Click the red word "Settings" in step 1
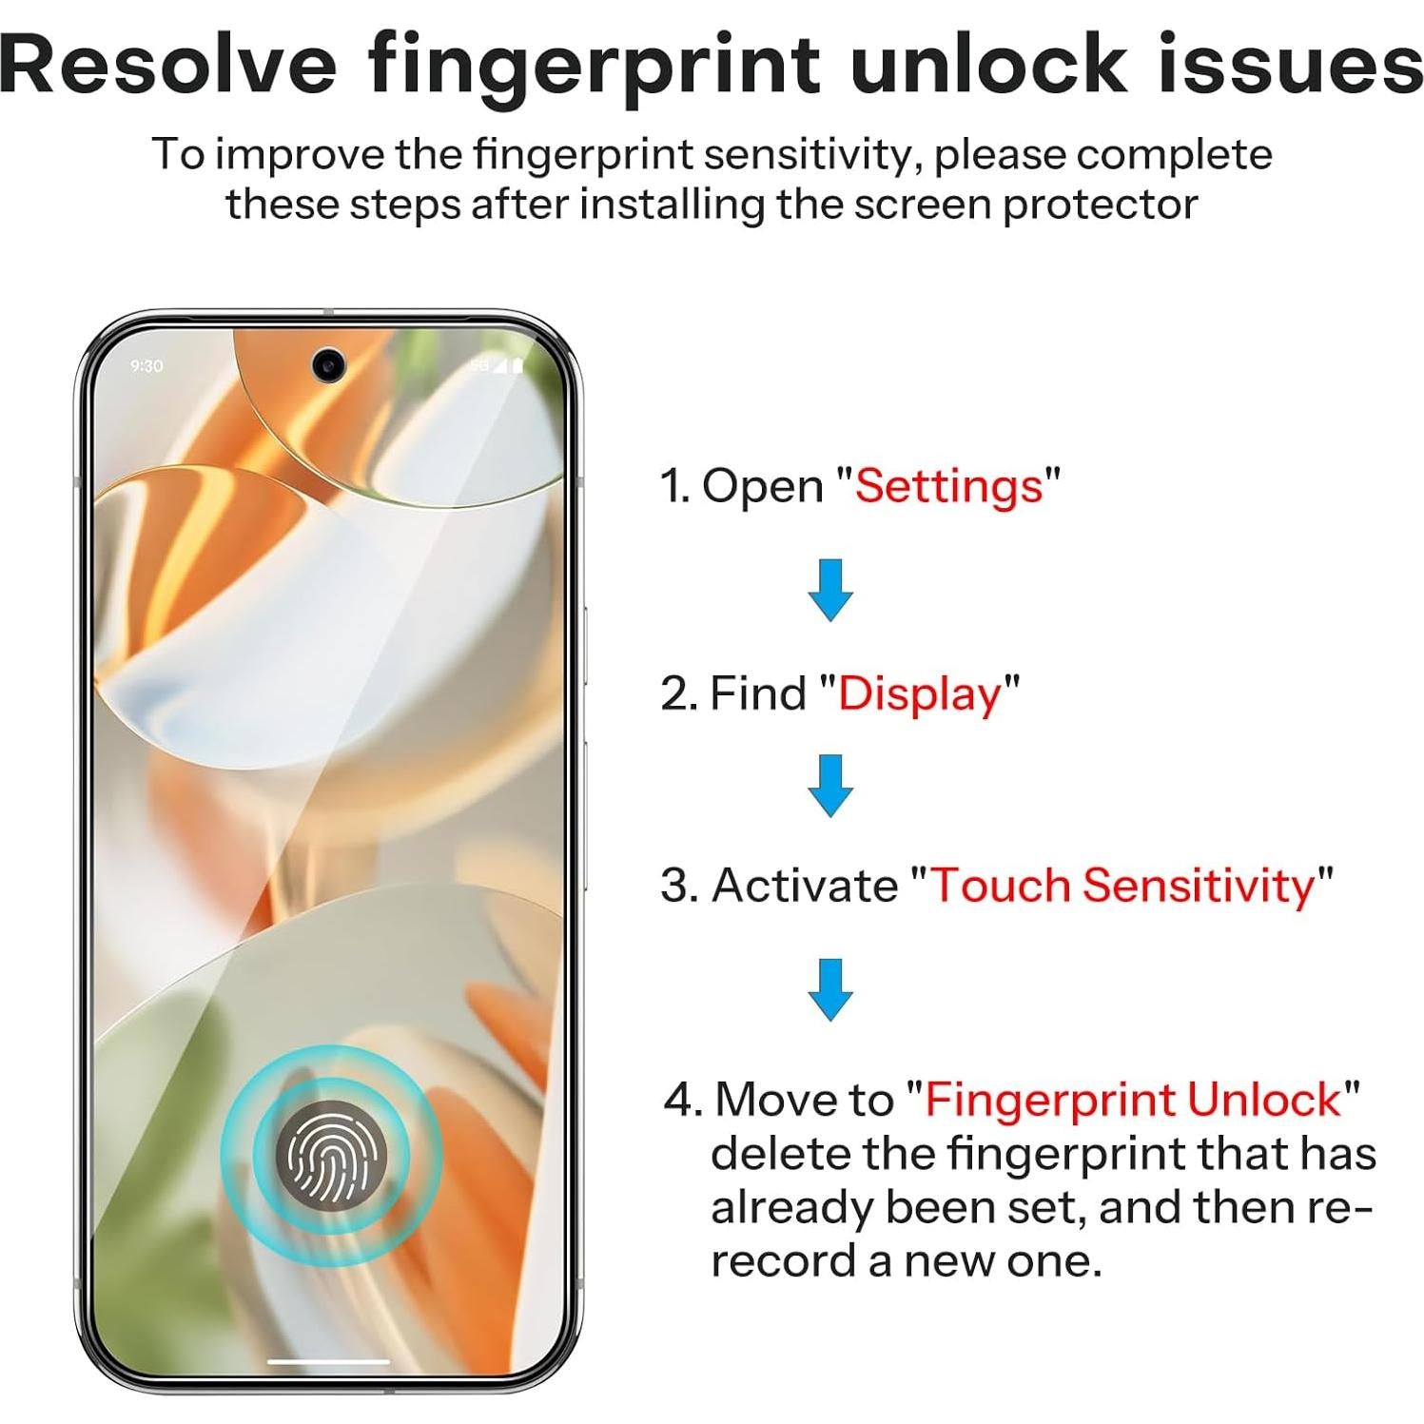(x=948, y=486)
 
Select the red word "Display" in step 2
(x=919, y=693)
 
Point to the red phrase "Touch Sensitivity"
(x=1122, y=885)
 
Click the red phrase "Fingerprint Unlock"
(x=1133, y=1099)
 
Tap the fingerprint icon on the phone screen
(x=331, y=1152)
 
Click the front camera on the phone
(x=329, y=363)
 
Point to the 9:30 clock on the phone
(x=146, y=366)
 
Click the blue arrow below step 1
(x=829, y=590)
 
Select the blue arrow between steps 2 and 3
(x=829, y=786)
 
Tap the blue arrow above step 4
(x=829, y=989)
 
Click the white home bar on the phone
(x=329, y=1361)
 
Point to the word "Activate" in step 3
(x=804, y=885)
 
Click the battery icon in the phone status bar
(x=518, y=365)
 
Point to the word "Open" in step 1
(x=762, y=486)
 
